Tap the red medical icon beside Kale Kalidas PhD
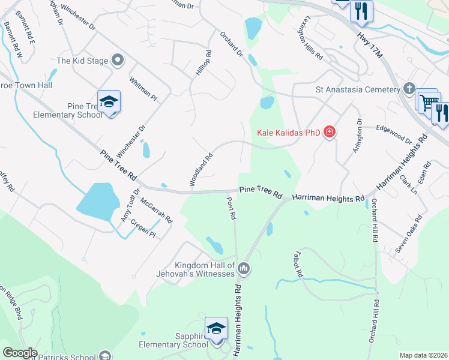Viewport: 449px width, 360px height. (329, 132)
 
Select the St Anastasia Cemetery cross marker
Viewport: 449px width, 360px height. (409, 89)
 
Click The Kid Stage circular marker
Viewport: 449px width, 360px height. (118, 60)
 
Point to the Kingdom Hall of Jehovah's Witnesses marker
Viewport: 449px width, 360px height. (244, 268)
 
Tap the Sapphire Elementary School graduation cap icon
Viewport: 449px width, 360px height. (216, 329)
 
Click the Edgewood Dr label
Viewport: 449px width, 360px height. (394, 134)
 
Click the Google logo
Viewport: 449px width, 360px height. (20, 352)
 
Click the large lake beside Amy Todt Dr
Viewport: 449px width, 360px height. (97, 202)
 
